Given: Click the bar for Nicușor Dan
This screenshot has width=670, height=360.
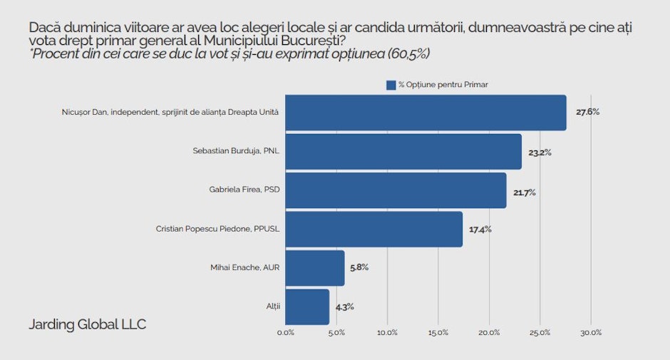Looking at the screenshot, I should [x=426, y=113].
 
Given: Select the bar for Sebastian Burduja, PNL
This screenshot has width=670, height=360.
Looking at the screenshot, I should [x=403, y=151].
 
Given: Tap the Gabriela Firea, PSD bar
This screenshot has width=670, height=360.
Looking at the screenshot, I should [x=396, y=190].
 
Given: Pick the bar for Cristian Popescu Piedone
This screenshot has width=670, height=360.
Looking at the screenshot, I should [x=373, y=229].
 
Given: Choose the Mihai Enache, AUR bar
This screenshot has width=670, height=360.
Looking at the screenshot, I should [x=315, y=268].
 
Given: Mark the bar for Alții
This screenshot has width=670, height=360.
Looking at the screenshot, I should [x=307, y=307].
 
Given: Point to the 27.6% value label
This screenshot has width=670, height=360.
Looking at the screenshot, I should [x=588, y=112].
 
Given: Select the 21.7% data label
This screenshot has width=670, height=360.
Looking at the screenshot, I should [x=526, y=191].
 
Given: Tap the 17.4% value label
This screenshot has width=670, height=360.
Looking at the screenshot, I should [x=480, y=230].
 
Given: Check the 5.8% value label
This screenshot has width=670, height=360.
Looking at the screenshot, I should [x=359, y=268].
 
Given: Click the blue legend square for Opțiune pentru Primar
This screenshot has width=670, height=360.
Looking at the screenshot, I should [x=391, y=85].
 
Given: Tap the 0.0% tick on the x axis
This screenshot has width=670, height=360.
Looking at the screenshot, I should [x=285, y=332].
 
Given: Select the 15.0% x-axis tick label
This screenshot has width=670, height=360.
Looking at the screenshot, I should [x=438, y=332].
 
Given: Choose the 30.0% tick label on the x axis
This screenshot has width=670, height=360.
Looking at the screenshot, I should [x=591, y=332].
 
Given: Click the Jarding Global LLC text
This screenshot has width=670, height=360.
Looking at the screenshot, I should [x=87, y=324].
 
